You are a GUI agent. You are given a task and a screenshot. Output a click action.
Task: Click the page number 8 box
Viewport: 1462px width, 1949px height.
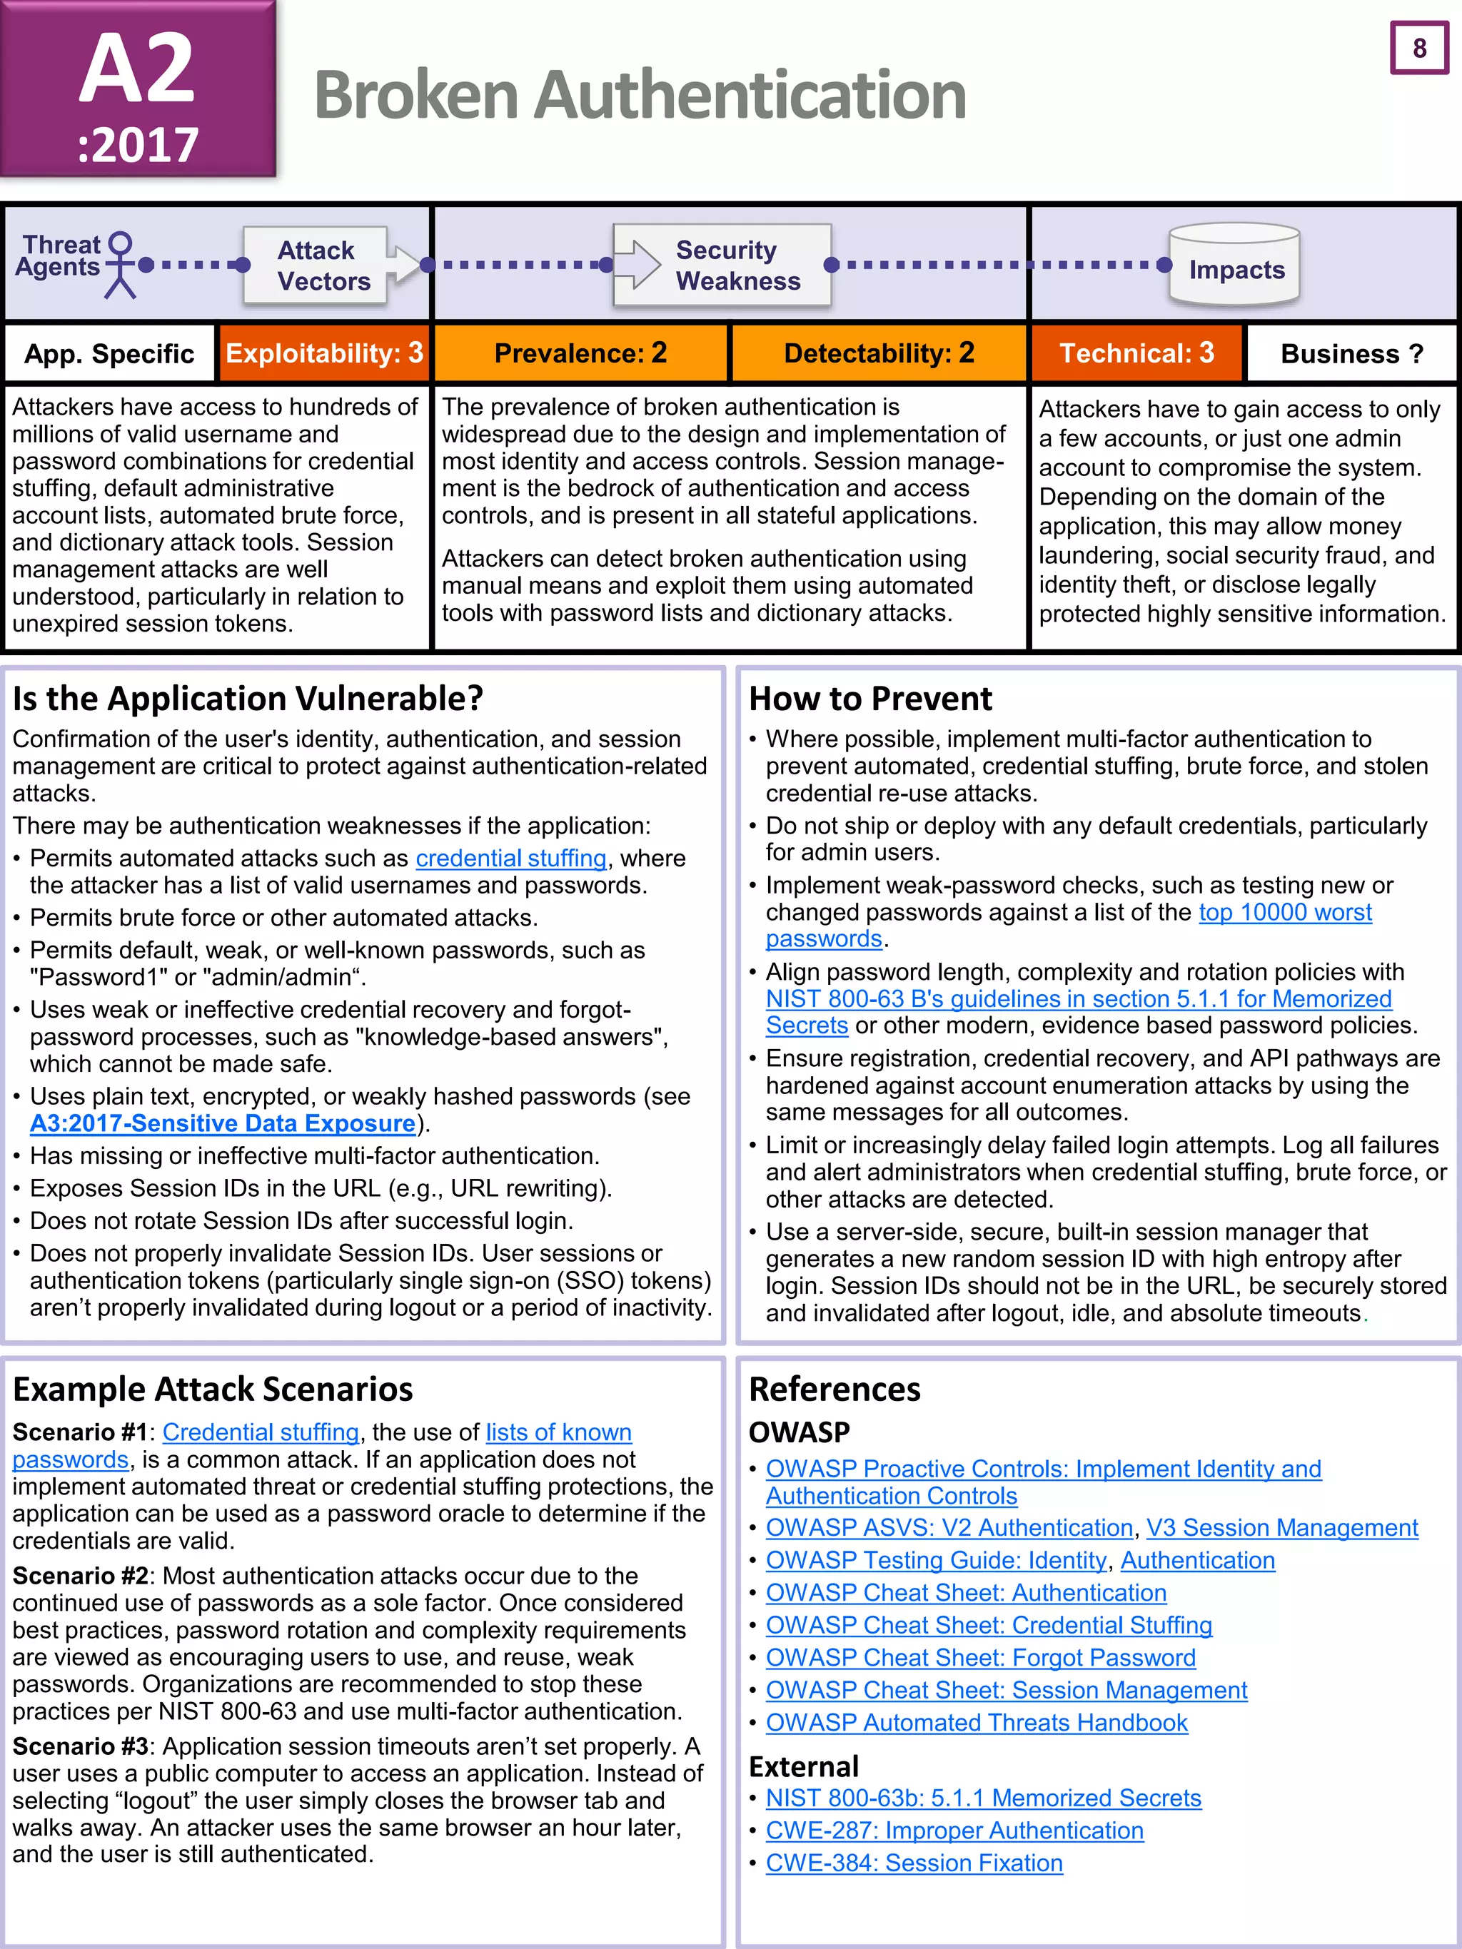1419,48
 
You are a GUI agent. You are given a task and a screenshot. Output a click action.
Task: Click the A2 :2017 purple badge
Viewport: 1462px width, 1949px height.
138,90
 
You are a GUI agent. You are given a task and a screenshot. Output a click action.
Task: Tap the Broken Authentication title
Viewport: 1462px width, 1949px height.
640,95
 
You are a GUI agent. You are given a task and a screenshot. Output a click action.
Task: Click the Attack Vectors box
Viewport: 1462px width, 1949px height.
316,265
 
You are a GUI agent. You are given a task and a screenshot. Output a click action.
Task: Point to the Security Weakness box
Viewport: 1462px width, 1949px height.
722,265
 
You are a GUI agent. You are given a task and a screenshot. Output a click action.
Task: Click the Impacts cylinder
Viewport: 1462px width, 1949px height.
1235,265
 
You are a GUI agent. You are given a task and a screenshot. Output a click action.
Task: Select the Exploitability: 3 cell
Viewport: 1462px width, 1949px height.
323,353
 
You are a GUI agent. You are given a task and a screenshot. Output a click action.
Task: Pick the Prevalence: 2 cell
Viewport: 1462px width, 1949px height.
581,353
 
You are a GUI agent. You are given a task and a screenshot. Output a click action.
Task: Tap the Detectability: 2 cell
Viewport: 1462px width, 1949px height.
879,353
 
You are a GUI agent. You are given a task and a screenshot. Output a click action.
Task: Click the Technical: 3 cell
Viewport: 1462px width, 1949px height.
1136,353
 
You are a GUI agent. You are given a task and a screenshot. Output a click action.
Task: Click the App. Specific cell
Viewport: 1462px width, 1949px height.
109,354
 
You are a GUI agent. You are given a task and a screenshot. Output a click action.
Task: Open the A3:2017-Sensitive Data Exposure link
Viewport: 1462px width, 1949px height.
222,1123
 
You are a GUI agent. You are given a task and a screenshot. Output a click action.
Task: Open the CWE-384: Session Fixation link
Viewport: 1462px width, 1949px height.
914,1863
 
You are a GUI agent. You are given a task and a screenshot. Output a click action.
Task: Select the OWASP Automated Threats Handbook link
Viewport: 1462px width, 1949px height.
977,1723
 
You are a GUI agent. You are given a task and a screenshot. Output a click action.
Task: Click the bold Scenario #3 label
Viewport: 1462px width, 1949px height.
79,1746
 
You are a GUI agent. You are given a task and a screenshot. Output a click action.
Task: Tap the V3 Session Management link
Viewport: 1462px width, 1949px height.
1281,1528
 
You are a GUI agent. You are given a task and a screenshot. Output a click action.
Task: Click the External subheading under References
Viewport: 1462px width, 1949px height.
803,1766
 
